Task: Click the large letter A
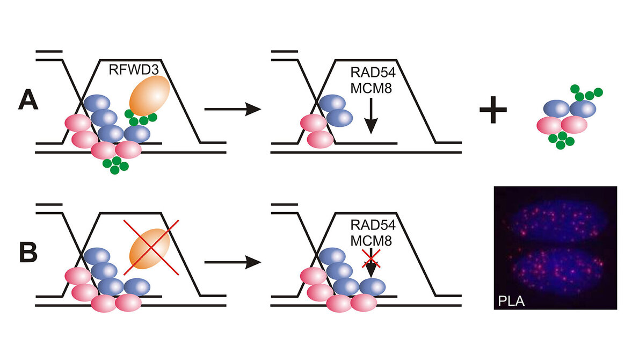click(x=28, y=100)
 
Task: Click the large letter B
click(x=28, y=253)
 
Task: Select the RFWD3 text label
click(x=133, y=70)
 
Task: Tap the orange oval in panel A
click(x=149, y=96)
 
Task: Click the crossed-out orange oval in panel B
click(x=149, y=248)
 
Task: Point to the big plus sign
click(x=493, y=109)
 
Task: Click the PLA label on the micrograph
click(x=511, y=301)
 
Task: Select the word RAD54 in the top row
click(x=373, y=73)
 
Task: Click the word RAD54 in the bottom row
click(x=373, y=225)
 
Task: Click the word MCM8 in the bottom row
click(x=371, y=241)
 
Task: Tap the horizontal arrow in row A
click(x=233, y=109)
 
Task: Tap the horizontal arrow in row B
click(x=233, y=262)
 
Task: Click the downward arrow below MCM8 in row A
click(x=371, y=116)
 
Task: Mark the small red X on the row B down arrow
click(x=371, y=260)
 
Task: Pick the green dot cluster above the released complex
click(x=586, y=92)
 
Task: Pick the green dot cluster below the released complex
click(x=561, y=140)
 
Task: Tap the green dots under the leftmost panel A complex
click(x=116, y=164)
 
